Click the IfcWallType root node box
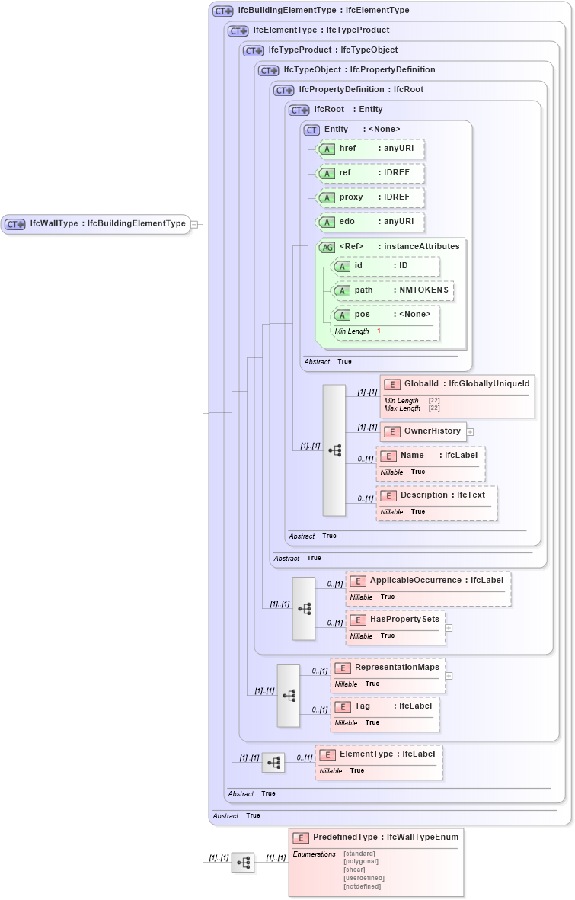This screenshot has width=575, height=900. pos(95,224)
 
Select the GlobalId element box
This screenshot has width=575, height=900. pos(456,384)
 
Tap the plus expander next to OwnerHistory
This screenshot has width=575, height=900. pos(470,432)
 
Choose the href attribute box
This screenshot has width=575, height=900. pos(370,149)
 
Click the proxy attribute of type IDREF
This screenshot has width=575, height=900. pos(370,197)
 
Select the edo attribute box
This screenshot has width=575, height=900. pos(370,222)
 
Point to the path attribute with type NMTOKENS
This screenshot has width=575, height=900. pos(393,290)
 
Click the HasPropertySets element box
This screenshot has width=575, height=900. pos(395,620)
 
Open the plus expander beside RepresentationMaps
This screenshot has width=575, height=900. pos(449,676)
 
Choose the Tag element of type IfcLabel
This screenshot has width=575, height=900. pos(385,706)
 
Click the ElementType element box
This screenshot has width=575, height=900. pos(379,754)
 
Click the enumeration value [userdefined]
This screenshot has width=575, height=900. pos(363,878)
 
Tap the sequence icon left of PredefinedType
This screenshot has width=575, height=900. pos(243,862)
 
